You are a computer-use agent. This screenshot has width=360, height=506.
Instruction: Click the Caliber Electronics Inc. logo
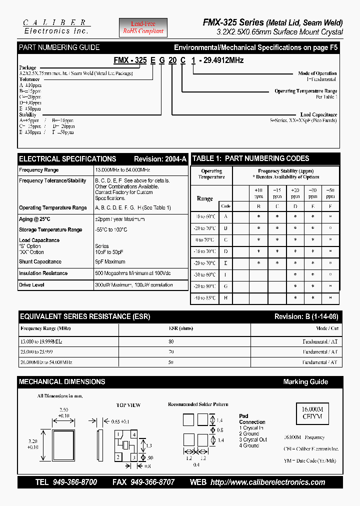(x=56, y=26)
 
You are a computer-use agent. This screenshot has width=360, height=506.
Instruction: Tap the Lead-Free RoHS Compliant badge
(x=143, y=27)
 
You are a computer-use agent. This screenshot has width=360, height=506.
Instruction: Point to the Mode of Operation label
(x=317, y=73)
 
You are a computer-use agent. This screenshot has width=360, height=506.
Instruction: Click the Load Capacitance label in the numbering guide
(x=318, y=114)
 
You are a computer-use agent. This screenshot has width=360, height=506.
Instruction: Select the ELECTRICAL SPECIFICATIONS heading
(x=67, y=159)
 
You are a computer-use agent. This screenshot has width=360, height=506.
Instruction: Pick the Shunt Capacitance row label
(x=40, y=261)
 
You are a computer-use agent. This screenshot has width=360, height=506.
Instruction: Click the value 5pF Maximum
(x=110, y=261)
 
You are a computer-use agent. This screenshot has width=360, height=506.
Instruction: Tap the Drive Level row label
(x=31, y=285)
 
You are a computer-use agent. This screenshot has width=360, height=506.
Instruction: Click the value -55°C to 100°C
(x=111, y=229)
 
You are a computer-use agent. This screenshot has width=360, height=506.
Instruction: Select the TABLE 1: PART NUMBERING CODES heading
(x=251, y=158)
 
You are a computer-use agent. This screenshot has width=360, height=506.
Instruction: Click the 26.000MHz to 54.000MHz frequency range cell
(x=46, y=362)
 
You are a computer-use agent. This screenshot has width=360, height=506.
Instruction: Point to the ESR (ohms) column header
(x=171, y=329)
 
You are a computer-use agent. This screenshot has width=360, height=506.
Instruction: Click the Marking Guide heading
(x=305, y=382)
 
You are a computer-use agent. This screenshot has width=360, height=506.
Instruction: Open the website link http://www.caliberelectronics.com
(x=267, y=482)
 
